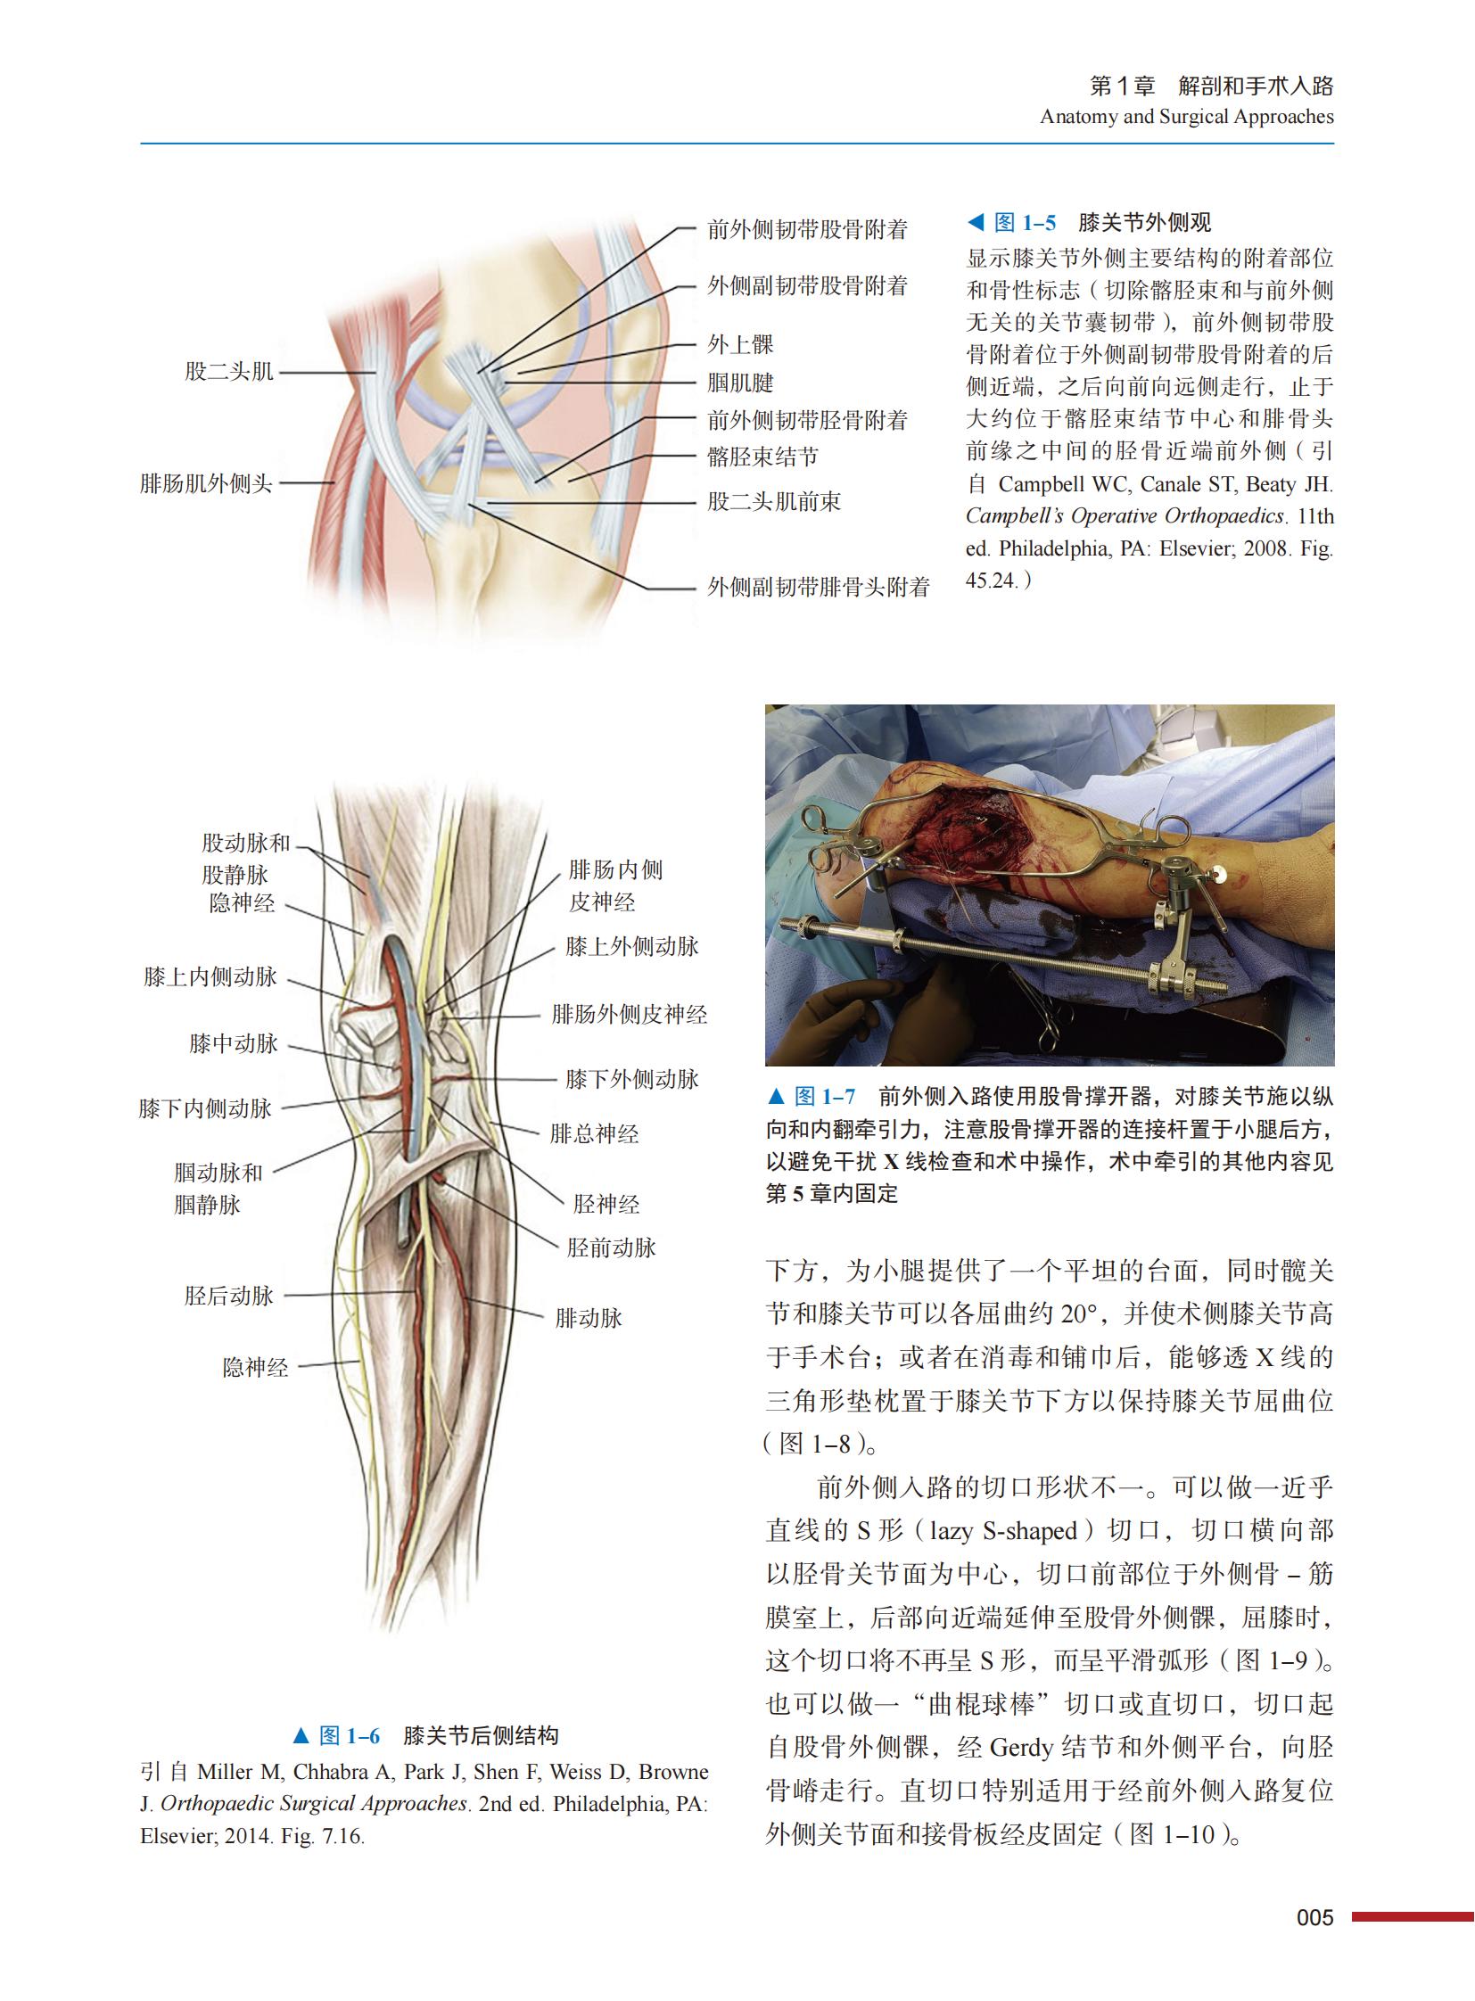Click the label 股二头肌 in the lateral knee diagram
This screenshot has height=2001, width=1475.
(228, 372)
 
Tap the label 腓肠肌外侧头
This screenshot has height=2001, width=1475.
(206, 484)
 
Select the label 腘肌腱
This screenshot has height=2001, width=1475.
(740, 383)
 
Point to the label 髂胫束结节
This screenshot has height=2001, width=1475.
(762, 457)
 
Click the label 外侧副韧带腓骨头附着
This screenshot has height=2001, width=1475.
(818, 588)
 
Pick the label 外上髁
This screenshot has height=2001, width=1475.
(740, 345)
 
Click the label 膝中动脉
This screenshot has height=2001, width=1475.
(233, 1044)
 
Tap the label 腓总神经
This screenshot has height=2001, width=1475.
(594, 1135)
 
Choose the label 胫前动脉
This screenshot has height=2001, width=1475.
(611, 1248)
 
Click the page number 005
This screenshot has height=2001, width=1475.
(1314, 1918)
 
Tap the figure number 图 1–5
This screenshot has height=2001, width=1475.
(1024, 223)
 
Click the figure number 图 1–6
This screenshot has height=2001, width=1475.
(349, 1736)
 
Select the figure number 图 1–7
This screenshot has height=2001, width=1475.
(824, 1097)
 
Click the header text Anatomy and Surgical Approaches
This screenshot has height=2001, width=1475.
(1187, 117)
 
